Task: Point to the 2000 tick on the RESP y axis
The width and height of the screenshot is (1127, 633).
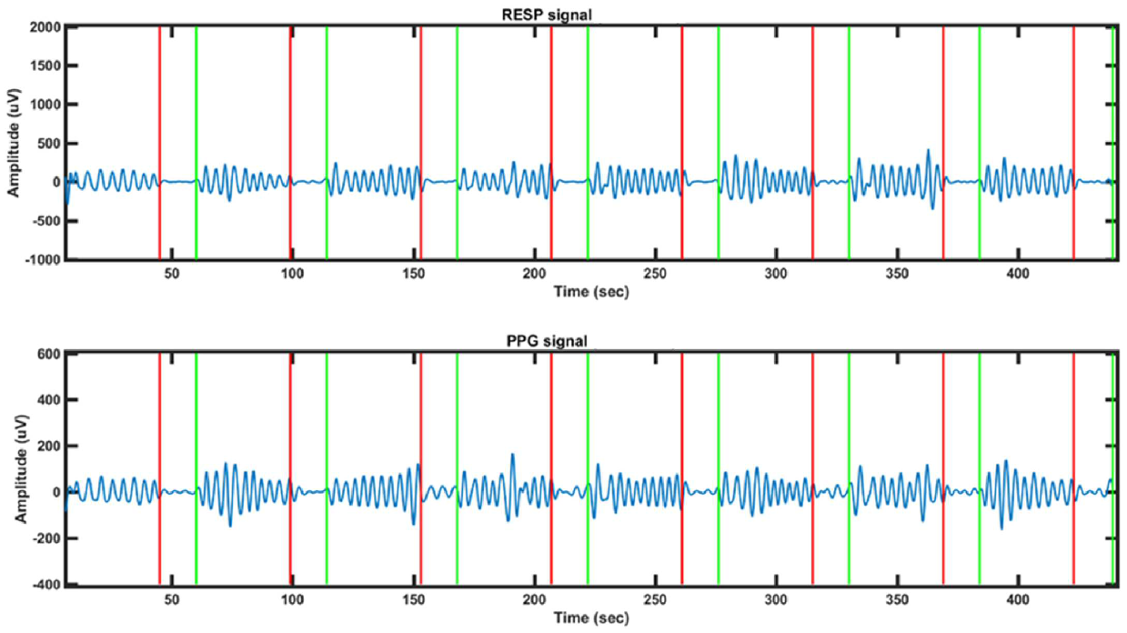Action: (x=45, y=27)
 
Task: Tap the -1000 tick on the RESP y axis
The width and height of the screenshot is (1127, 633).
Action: (x=42, y=259)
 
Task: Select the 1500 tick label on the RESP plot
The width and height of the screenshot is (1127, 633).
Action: (x=45, y=66)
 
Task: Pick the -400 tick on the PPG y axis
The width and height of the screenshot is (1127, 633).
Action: (x=46, y=585)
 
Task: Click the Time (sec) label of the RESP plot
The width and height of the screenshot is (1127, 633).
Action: (x=591, y=292)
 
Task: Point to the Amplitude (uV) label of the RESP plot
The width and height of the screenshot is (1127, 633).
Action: (x=15, y=144)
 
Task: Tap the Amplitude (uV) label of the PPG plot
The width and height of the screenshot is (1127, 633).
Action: (x=15, y=469)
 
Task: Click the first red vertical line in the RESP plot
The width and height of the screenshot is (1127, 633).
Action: (x=159, y=136)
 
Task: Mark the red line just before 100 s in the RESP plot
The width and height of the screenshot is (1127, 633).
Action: (x=290, y=136)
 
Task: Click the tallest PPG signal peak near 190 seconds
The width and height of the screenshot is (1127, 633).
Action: (x=512, y=455)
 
